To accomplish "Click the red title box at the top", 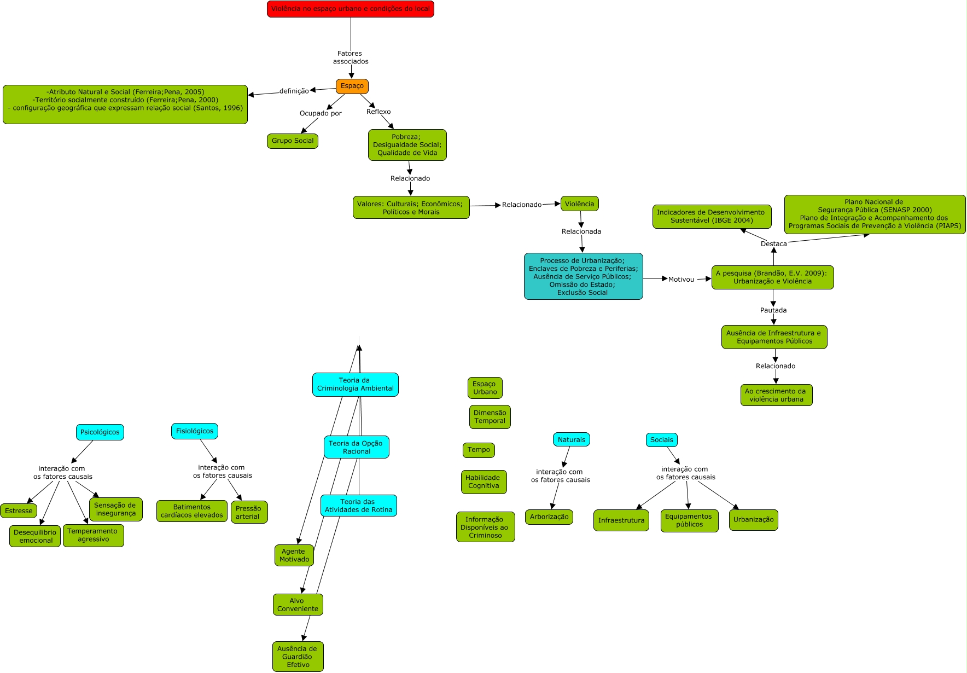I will (x=350, y=9).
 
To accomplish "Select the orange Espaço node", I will (x=352, y=86).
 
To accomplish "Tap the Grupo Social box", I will (x=293, y=141).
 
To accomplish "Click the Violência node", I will (x=579, y=204).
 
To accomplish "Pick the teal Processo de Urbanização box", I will (x=583, y=276).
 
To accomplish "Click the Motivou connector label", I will (x=681, y=279).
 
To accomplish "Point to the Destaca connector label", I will (x=773, y=243).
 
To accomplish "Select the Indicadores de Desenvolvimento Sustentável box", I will (x=712, y=216).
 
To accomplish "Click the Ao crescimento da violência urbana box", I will (x=776, y=394).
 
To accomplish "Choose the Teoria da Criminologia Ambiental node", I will (x=355, y=384).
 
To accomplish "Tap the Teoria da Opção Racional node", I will (x=356, y=447).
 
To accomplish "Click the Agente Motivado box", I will (x=294, y=555).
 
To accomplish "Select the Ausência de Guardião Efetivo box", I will (x=298, y=656).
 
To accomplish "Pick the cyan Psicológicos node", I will (x=100, y=432).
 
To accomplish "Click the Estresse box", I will (x=19, y=510).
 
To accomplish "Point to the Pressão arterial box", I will (x=249, y=512).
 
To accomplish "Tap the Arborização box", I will (x=549, y=517).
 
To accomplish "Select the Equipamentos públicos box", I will (x=689, y=520).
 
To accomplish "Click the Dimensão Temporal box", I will (x=490, y=416).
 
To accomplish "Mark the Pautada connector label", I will (x=773, y=310).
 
